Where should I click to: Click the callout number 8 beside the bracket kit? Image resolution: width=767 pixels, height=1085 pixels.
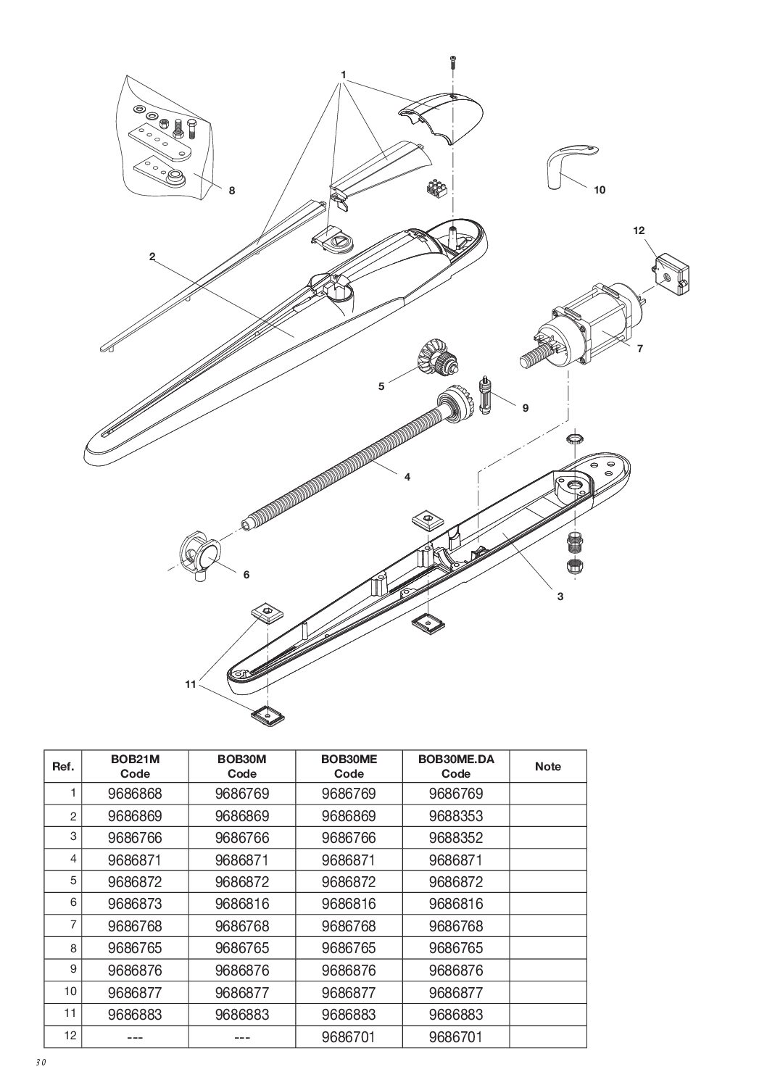pyautogui.click(x=232, y=191)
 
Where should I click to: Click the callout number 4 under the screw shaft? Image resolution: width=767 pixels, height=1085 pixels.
pyautogui.click(x=407, y=477)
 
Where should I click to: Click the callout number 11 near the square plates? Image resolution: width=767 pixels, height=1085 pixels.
pyautogui.click(x=191, y=683)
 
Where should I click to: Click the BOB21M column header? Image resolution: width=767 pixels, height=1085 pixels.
pyautogui.click(x=134, y=766)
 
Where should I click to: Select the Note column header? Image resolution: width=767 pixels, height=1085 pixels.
pyautogui.click(x=547, y=766)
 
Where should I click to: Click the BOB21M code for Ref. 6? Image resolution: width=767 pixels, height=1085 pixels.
pyautogui.click(x=134, y=904)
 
